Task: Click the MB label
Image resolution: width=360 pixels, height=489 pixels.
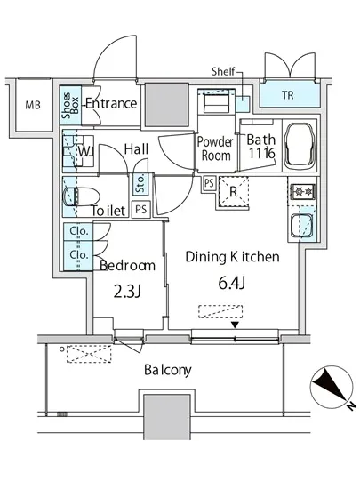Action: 33,105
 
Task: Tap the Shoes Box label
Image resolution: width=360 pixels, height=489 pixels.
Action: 70,106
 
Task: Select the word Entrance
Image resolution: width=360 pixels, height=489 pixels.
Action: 111,103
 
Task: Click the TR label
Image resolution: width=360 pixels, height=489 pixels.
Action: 288,95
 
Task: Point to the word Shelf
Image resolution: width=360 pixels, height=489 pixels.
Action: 223,71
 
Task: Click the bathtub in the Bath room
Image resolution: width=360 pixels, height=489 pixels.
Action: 299,145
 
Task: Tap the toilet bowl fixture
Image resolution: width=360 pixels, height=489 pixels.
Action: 81,196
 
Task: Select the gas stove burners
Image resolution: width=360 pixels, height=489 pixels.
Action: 302,191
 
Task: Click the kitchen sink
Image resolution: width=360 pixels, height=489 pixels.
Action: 301,226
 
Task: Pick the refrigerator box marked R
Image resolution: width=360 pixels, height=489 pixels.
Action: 234,191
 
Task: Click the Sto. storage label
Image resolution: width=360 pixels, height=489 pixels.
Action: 140,184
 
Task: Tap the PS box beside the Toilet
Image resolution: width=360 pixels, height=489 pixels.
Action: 140,209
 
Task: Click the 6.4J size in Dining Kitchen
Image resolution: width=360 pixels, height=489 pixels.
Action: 232,283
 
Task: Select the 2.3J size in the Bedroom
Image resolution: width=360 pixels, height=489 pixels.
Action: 127,292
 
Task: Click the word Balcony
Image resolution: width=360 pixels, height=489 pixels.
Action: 168,370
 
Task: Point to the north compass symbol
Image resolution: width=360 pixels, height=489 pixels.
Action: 332,388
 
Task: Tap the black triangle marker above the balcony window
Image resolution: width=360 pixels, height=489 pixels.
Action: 235,325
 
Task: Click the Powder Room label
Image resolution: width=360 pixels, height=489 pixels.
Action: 215,148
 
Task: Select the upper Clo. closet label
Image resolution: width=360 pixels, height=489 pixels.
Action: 78,231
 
